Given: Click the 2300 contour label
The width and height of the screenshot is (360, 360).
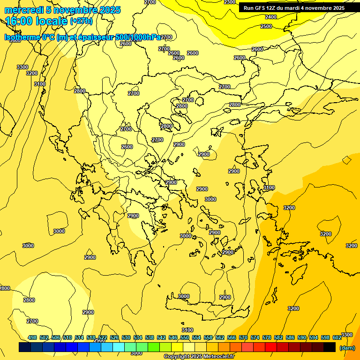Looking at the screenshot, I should pos(230,2).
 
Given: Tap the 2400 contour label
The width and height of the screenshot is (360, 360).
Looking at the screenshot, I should pos(271,17).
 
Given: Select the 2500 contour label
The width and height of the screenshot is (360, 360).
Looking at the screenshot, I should pos(266,27).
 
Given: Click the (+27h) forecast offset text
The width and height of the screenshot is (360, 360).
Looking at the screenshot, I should pos(81,21).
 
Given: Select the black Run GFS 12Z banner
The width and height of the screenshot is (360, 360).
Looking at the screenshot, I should pos(294,8).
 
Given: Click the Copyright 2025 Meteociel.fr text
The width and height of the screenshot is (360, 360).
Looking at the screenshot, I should pos(199,357).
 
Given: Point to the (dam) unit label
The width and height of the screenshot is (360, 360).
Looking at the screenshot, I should pos(347,347).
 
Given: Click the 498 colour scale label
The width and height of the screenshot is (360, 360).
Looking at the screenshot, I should pos(32,337).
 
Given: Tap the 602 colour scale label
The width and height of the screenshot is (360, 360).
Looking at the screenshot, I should pos(337,337).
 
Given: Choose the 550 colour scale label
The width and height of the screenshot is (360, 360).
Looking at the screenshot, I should pos(185,337).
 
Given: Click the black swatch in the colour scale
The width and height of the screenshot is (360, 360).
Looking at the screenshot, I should pos(330,347).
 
